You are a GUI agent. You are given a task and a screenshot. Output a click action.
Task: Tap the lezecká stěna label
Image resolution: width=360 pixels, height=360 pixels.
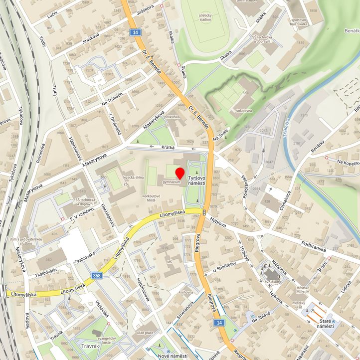(133, 177)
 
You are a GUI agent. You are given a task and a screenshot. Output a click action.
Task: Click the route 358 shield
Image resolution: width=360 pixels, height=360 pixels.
(97, 275)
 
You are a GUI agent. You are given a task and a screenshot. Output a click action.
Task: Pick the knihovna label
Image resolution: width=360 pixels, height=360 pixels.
(186, 292)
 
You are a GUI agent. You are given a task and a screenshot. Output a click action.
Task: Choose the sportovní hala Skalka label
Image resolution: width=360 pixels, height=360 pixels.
(299, 21)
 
